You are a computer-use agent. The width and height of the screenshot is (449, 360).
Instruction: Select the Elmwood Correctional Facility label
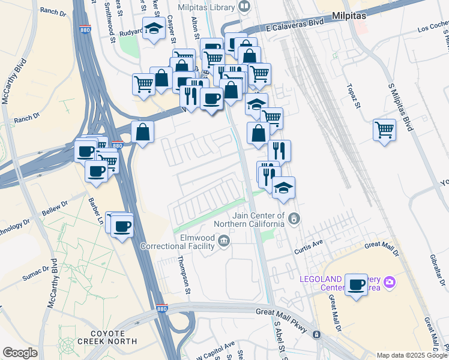coord(177,242)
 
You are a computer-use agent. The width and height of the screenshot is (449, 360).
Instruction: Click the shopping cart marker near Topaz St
coord(384,130)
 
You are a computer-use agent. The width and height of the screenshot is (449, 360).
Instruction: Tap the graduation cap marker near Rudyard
coord(154,28)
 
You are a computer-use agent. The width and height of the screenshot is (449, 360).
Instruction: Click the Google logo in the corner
coord(20,353)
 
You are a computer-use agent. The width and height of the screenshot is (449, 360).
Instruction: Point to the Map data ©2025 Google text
coord(412,355)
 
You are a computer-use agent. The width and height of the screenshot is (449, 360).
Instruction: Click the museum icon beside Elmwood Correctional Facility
coord(224,241)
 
